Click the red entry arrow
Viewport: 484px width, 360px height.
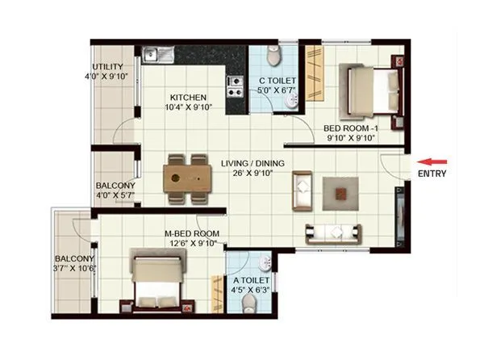(436, 161)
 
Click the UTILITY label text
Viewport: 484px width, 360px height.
(106, 66)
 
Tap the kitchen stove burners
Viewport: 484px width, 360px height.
(236, 81)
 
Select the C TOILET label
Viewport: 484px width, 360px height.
(277, 81)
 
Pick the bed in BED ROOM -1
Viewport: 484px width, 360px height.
(373, 82)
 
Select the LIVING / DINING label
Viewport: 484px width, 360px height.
(252, 164)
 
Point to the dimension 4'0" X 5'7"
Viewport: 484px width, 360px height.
(115, 195)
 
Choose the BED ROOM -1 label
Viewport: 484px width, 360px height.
(351, 128)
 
